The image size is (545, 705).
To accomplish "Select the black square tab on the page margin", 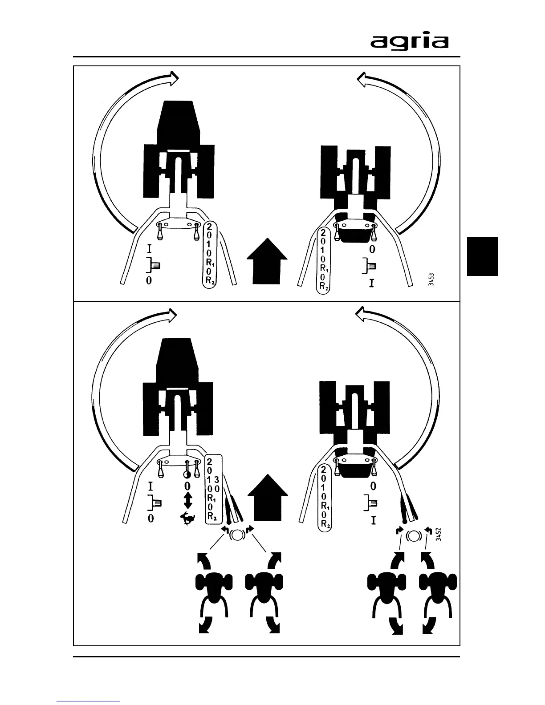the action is click(x=482, y=256).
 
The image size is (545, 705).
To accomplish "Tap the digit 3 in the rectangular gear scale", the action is click(x=217, y=480).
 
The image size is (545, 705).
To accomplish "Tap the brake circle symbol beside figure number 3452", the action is click(x=413, y=536).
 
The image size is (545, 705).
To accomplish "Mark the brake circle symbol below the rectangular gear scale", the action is click(x=236, y=535).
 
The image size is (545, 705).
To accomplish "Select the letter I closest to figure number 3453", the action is click(x=371, y=283).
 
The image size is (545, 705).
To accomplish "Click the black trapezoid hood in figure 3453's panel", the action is click(x=178, y=121).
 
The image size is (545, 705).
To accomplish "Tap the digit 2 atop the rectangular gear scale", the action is click(x=209, y=462).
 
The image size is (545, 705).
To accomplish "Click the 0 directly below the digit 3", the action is click(x=217, y=489).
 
